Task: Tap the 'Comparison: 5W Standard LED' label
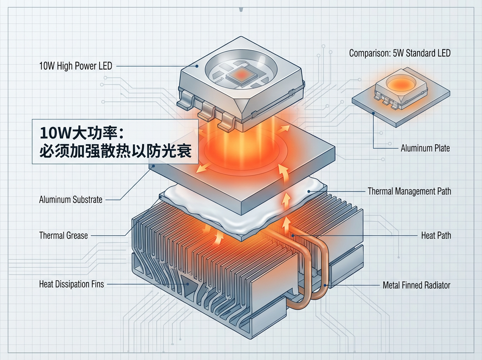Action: pyautogui.click(x=400, y=53)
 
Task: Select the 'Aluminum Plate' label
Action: pyautogui.click(x=425, y=148)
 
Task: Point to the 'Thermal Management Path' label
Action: pyautogui.click(x=409, y=191)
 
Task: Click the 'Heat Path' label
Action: pyautogui.click(x=436, y=235)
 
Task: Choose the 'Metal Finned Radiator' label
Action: pyautogui.click(x=417, y=285)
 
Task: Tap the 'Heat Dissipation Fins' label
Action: pyautogui.click(x=71, y=284)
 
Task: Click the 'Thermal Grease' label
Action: pyautogui.click(x=63, y=235)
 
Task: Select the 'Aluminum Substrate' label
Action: pyautogui.click(x=71, y=199)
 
